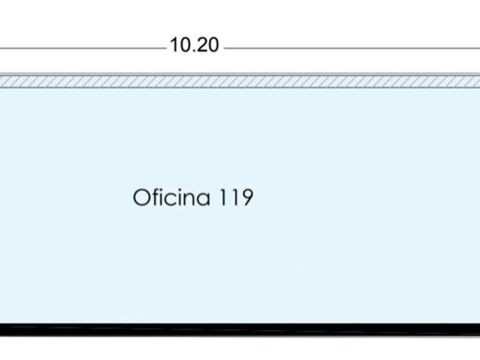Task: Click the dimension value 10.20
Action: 194,45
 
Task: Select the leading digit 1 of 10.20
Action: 174,45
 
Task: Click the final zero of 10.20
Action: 214,45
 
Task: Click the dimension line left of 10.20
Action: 83,48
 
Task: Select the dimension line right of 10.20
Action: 352,48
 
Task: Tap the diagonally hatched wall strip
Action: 240,81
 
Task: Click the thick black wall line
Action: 240,330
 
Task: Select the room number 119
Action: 236,197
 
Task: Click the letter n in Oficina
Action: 189,199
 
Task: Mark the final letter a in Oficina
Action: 203,199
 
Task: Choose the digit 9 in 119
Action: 247,197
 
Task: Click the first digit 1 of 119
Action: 223,197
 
